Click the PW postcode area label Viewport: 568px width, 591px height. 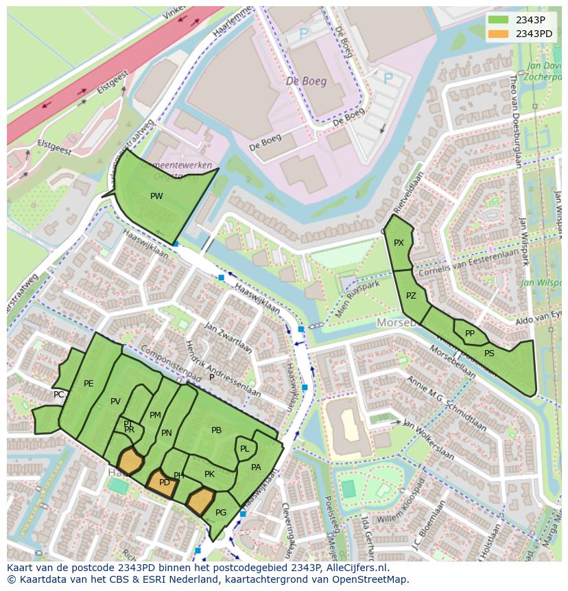156,196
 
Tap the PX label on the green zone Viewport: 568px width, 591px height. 399,243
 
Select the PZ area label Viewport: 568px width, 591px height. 411,297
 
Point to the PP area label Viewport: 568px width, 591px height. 470,334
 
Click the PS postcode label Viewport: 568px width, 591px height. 489,354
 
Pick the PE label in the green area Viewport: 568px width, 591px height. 88,384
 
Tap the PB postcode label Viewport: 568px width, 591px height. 216,430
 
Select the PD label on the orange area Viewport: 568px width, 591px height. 165,483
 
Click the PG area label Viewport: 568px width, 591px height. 221,513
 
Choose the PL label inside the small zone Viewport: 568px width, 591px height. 244,449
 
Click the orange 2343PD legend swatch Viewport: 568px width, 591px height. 500,34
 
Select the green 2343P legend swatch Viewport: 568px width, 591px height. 500,20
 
